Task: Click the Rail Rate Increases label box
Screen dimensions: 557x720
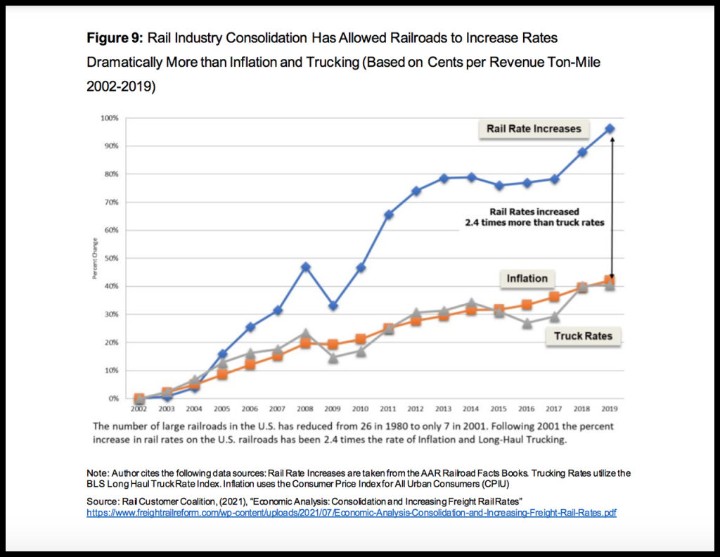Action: point(534,129)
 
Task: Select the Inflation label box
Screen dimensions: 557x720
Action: point(527,278)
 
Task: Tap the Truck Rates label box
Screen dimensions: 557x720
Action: point(583,336)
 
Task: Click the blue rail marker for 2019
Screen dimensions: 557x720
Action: point(610,129)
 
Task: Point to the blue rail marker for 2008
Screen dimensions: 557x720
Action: point(306,267)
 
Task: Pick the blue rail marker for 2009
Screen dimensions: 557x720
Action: point(333,306)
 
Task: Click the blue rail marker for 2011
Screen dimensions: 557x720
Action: point(389,215)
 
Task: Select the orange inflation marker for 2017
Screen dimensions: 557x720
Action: point(554,297)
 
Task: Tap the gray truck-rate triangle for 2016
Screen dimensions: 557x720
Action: point(527,323)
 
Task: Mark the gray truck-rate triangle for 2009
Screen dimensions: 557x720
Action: point(333,357)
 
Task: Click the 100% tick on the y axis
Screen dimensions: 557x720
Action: point(110,117)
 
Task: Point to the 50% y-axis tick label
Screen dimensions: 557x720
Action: point(112,258)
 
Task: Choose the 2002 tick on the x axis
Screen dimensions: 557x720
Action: point(139,408)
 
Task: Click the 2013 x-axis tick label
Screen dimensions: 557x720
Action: point(444,408)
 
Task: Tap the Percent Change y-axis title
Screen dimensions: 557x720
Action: point(94,259)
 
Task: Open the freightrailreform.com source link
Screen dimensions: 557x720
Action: point(351,513)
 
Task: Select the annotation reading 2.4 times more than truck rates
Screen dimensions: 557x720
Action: point(534,223)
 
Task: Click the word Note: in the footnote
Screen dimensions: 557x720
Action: point(98,473)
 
